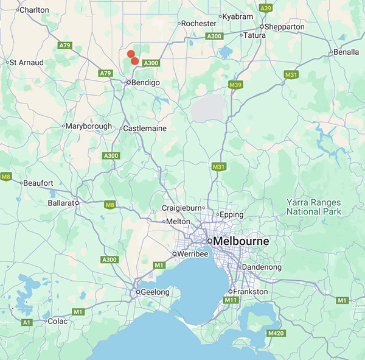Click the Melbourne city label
[x=242, y=241]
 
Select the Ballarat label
[x=60, y=203]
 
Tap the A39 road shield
[x=266, y=8]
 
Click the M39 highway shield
[x=236, y=85]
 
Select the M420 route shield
[x=276, y=333]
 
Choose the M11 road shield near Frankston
[x=231, y=300]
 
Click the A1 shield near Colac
[x=27, y=322]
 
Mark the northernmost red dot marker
[x=130, y=54]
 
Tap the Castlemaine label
[x=145, y=129]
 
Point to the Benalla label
[x=347, y=52]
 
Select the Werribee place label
[x=192, y=253]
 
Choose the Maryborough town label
[x=89, y=126]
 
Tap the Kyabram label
[x=238, y=16]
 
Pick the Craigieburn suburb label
[x=181, y=208]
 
